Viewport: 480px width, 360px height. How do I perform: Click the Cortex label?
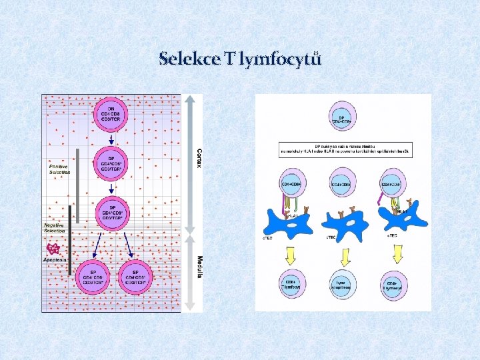click(199, 157)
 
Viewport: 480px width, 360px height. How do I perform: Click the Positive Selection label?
click(59, 169)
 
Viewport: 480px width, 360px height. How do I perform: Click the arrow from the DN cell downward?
click(111, 141)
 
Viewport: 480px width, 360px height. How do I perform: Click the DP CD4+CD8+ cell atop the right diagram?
click(342, 117)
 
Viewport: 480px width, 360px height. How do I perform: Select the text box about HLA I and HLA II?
click(344, 149)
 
